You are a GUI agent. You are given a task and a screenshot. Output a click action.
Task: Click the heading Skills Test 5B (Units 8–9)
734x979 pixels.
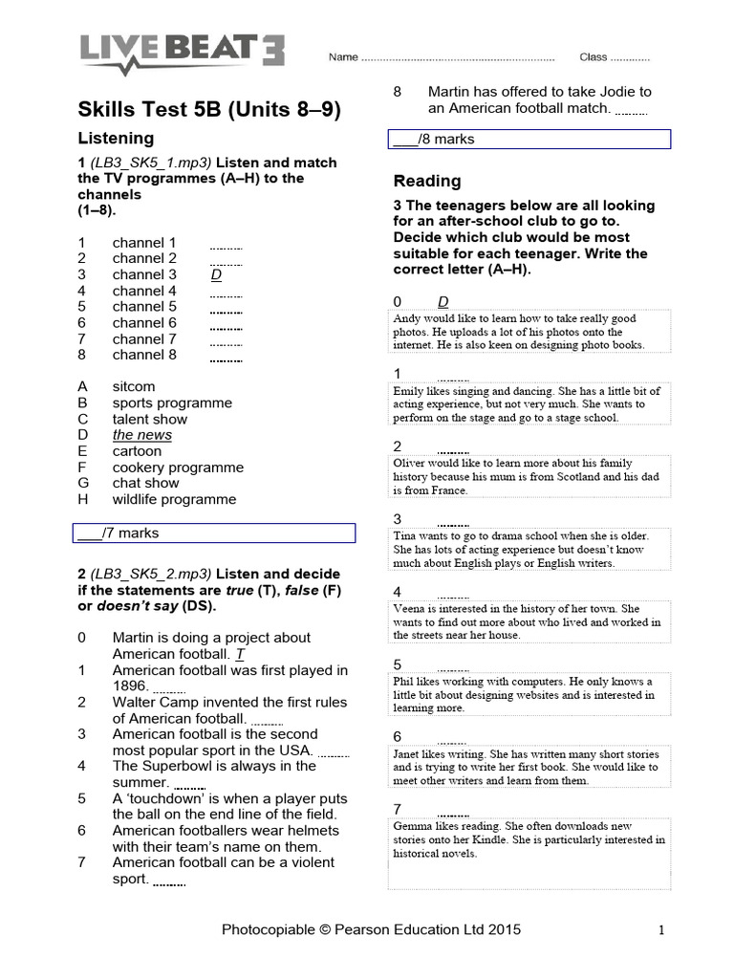[x=208, y=109]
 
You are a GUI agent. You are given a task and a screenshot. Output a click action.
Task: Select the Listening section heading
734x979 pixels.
[x=116, y=139]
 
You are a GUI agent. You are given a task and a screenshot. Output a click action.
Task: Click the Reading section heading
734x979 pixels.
[x=426, y=181]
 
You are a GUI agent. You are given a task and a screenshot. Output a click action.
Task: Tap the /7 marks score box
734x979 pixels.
[x=214, y=533]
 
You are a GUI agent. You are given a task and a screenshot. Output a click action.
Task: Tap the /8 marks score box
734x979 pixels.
[x=529, y=140]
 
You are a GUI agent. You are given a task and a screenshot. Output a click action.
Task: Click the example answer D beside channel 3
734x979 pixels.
[x=216, y=275]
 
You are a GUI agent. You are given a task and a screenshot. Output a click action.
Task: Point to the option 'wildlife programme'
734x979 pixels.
[x=174, y=499]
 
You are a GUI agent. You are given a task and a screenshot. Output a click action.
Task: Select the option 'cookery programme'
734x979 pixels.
[x=178, y=468]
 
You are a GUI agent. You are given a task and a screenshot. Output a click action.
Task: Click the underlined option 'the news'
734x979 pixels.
[x=142, y=435]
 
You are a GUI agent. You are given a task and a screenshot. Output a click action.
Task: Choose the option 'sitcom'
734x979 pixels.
[x=134, y=387]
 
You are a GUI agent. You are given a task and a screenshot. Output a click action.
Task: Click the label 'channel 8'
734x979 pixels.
[x=144, y=355]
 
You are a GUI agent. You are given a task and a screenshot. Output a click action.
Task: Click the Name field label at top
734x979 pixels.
[x=343, y=57]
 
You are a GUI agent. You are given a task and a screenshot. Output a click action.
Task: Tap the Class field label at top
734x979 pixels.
[x=593, y=57]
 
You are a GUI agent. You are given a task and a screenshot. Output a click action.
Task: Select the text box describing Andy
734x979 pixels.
[x=529, y=332]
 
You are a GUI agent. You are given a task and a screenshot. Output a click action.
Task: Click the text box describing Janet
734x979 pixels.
[x=529, y=767]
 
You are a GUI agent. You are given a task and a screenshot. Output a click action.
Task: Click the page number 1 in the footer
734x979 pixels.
[x=660, y=929]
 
